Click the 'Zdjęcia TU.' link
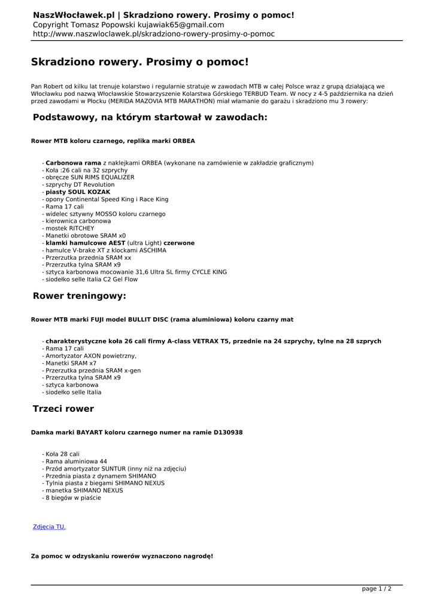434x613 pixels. click(49, 527)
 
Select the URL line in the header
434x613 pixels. click(154, 34)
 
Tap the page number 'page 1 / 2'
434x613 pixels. click(377, 589)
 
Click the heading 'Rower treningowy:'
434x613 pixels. click(80, 296)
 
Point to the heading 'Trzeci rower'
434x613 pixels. click(63, 409)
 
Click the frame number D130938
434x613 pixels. click(228, 432)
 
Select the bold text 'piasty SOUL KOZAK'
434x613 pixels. click(78, 192)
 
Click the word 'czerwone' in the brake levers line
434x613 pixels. click(179, 243)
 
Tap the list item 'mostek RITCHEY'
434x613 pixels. click(70, 229)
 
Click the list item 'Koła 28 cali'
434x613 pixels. click(62, 454)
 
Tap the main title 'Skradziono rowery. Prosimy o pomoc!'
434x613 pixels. click(139, 62)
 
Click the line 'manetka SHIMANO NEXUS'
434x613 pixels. click(84, 490)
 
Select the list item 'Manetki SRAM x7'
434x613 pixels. click(71, 363)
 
